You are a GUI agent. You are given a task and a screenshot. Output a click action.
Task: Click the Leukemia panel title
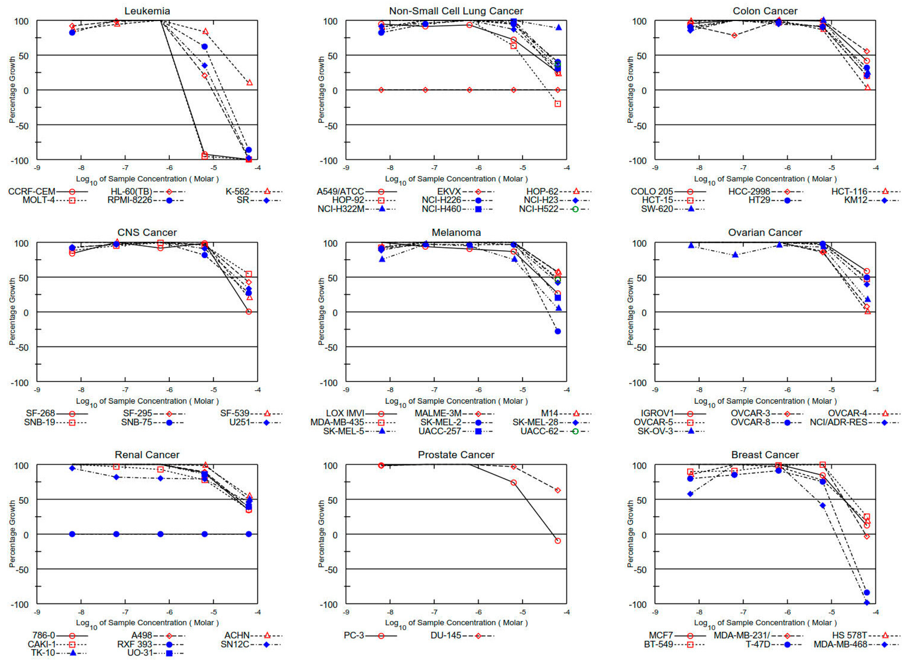[x=147, y=11]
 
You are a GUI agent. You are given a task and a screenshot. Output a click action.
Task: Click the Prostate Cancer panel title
[x=456, y=455]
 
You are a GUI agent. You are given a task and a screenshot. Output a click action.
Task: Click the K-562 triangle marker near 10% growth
[x=249, y=83]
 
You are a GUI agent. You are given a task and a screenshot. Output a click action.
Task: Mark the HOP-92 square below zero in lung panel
[x=558, y=104]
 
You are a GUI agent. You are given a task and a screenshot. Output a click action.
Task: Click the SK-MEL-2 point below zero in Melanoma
[x=558, y=331]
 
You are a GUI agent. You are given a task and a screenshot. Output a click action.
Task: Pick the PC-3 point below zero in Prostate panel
[x=558, y=541]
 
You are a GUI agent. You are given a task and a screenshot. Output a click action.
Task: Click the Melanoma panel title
[x=456, y=233]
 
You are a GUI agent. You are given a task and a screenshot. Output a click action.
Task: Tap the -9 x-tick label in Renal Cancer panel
[x=37, y=612]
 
